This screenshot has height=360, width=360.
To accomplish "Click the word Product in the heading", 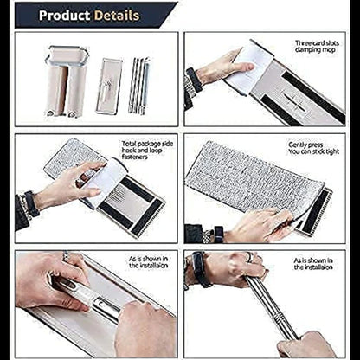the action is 64,16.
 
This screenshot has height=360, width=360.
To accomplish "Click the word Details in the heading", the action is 117,16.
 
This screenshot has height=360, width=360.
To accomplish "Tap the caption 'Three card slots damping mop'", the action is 317,47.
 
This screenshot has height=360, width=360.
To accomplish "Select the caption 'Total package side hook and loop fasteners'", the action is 147,150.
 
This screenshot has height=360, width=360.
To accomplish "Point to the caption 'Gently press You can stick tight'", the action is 313,148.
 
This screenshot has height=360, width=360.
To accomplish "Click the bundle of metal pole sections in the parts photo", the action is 139,86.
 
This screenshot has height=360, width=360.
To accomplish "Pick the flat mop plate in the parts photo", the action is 109,86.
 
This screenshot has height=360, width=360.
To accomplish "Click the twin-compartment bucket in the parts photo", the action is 67,81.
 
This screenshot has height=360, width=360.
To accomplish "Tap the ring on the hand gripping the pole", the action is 250,257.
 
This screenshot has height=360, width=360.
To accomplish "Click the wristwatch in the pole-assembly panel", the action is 199,270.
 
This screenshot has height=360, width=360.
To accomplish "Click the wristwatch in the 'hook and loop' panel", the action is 31,203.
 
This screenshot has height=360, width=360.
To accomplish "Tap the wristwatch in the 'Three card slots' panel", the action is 194,80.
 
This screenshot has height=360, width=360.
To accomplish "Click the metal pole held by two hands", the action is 271,307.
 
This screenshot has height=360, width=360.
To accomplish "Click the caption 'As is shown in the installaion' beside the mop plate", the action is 148,262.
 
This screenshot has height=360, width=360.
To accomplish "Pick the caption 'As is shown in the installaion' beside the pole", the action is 313,264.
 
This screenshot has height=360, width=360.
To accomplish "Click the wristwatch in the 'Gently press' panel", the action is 219,235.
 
